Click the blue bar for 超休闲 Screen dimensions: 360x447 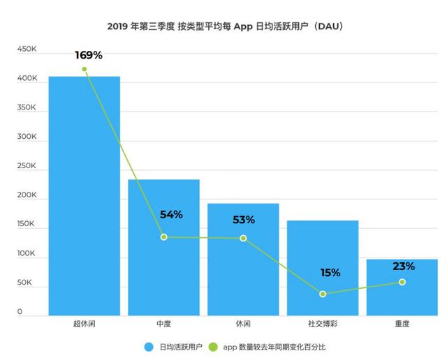pyautogui.click(x=84, y=195)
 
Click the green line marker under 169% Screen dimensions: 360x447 pyautogui.click(x=85, y=69)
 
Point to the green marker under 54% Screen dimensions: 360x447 pyautogui.click(x=164, y=237)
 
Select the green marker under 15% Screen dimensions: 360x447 pyautogui.click(x=323, y=294)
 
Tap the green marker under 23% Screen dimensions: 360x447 pyautogui.click(x=402, y=282)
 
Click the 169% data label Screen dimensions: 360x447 pyautogui.click(x=89, y=54)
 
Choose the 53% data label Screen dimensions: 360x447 pyautogui.click(x=244, y=220)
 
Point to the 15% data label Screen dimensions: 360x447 pyautogui.click(x=330, y=273)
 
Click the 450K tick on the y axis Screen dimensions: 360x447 pyautogui.click(x=27, y=50)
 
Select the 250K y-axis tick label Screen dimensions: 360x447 pyautogui.click(x=27, y=166)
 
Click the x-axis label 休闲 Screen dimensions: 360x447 pyautogui.click(x=242, y=324)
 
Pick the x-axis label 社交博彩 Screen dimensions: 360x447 pyautogui.click(x=323, y=324)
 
